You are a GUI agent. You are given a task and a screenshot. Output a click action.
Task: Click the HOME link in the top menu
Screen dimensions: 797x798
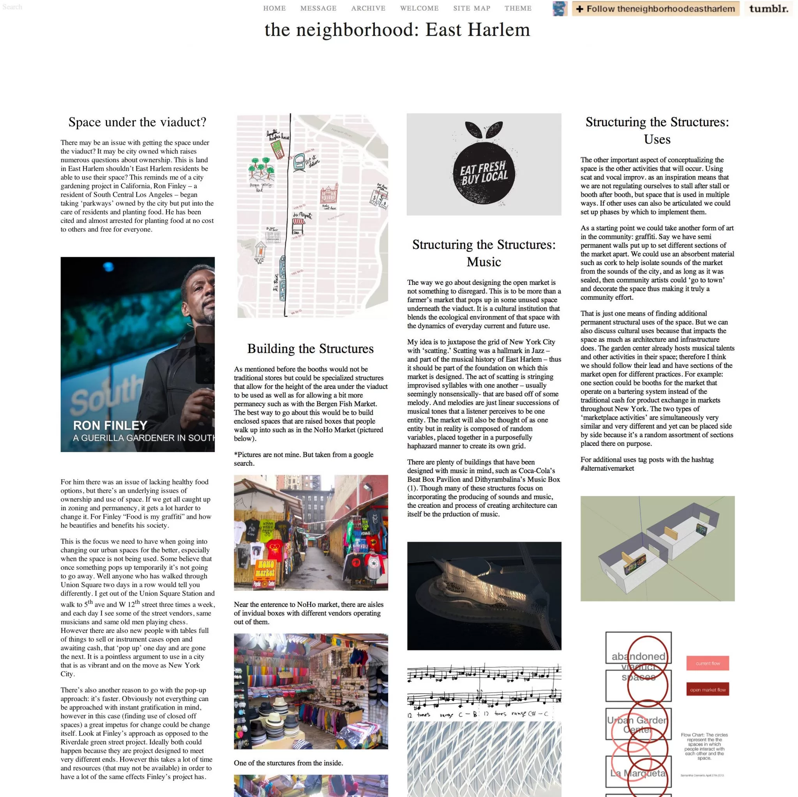(x=274, y=8)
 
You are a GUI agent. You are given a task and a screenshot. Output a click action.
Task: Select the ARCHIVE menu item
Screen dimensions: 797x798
(x=368, y=8)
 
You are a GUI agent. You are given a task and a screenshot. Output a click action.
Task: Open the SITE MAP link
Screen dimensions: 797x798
(x=472, y=8)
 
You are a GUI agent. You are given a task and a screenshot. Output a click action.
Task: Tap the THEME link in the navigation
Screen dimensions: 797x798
(x=518, y=8)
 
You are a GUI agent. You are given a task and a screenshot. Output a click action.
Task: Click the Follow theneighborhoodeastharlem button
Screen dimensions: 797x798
(x=655, y=9)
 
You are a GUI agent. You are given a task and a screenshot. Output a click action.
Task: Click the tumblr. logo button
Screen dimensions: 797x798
(x=769, y=9)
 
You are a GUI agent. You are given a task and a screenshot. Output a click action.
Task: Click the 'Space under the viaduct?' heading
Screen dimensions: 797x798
(x=137, y=122)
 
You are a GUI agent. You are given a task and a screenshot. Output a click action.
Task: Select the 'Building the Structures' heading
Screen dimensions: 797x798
(x=311, y=349)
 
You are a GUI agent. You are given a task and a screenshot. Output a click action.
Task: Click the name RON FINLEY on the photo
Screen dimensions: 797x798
(x=110, y=426)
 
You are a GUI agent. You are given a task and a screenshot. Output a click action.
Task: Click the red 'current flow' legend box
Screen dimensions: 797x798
(x=708, y=663)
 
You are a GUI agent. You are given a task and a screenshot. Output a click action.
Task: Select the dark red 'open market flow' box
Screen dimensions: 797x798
(x=708, y=689)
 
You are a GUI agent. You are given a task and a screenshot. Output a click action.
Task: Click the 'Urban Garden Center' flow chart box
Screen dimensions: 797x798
(x=638, y=725)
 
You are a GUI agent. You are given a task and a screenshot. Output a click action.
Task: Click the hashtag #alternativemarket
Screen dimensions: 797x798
(x=607, y=468)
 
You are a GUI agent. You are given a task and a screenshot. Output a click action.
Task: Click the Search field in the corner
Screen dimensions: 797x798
(x=12, y=7)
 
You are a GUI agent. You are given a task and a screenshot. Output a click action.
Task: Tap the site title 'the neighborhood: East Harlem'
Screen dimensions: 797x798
(x=397, y=30)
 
